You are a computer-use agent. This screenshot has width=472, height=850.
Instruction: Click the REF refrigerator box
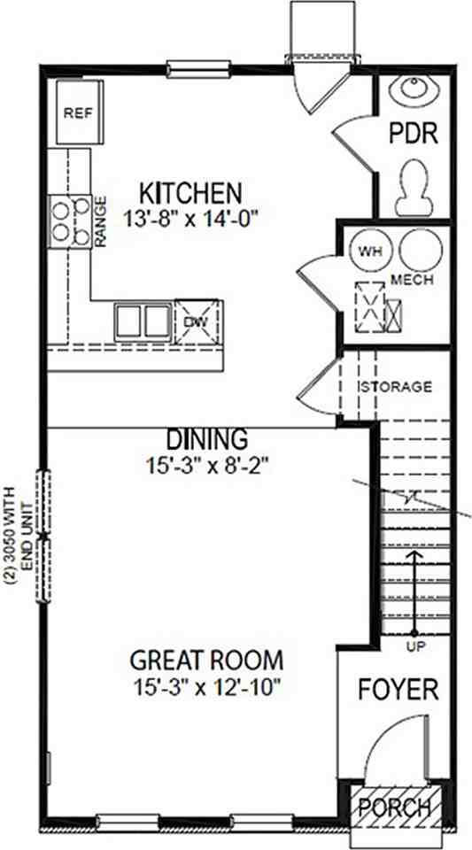coord(79,112)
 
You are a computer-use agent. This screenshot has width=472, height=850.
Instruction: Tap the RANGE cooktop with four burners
coord(71,221)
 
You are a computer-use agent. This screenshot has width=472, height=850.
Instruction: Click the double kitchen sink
coord(143,322)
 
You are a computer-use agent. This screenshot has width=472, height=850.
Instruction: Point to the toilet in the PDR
coord(414,188)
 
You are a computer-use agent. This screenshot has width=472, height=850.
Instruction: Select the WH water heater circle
coord(371,251)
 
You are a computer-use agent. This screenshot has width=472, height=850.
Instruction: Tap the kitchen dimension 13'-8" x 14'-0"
coord(190,219)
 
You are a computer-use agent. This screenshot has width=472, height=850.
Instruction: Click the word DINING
coord(207,439)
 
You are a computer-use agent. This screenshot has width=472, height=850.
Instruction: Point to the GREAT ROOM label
coord(206,661)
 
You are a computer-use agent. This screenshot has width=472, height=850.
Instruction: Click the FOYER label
coord(398,690)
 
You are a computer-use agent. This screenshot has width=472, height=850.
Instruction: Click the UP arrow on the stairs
coord(414,592)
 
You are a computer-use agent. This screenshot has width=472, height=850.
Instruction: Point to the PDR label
coord(414,134)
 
